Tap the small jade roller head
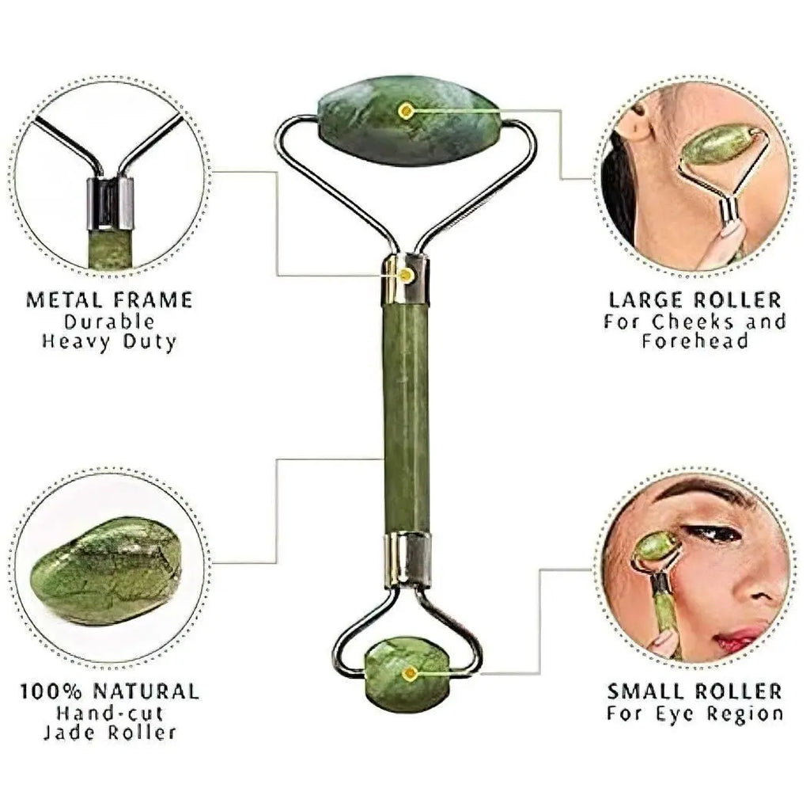[x=408, y=673]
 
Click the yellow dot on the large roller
[x=407, y=111]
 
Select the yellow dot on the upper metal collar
[x=406, y=275]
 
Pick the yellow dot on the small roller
[x=409, y=674]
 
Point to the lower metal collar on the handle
[x=408, y=559]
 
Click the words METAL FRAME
[x=109, y=300]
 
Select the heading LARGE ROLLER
[x=695, y=300]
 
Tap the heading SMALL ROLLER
[x=695, y=691]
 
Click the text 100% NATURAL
[x=109, y=691]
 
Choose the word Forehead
[x=695, y=341]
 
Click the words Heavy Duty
[x=109, y=343]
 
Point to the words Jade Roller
[x=109, y=733]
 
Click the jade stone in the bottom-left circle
[x=106, y=570]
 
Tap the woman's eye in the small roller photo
[x=712, y=535]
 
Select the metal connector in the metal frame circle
[x=110, y=202]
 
